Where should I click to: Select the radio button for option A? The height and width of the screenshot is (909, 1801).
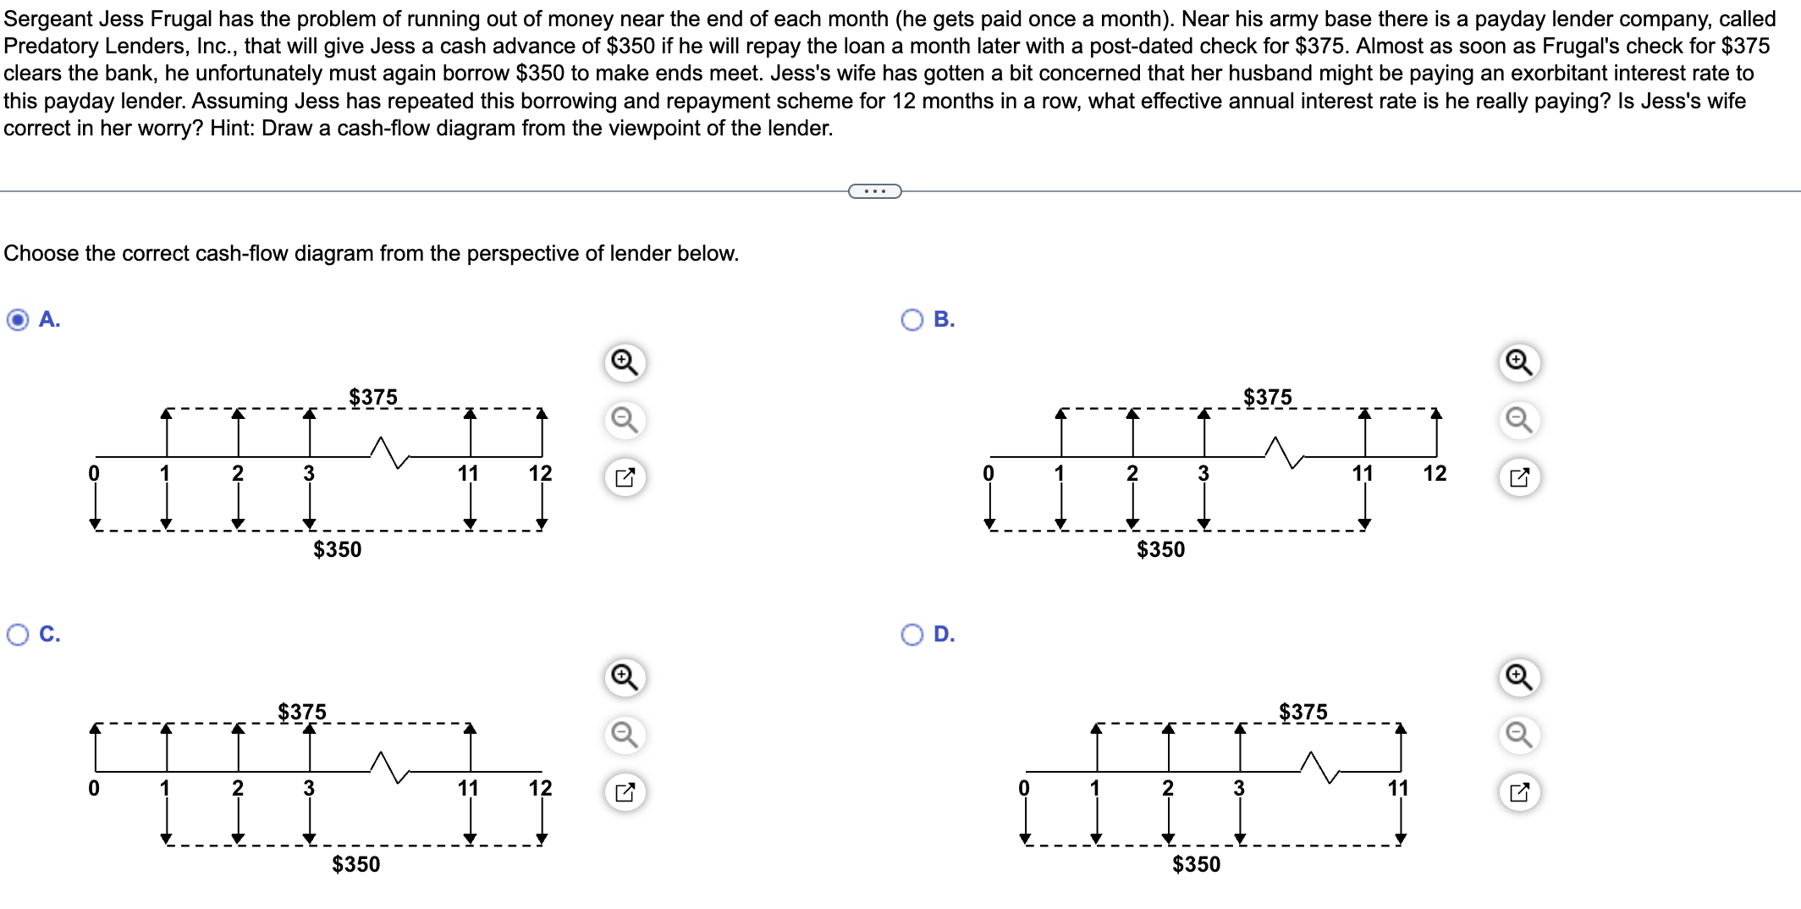click(17, 319)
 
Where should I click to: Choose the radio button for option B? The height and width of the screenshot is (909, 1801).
click(912, 319)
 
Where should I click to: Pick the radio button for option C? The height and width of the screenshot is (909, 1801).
click(17, 634)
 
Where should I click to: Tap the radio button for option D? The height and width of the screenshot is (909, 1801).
click(912, 634)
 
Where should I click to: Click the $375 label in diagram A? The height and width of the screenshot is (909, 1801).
click(372, 397)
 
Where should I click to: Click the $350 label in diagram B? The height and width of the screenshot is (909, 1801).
click(1160, 549)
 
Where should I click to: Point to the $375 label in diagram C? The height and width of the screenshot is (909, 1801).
click(301, 712)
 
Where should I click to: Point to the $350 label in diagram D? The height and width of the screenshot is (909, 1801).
click(1196, 864)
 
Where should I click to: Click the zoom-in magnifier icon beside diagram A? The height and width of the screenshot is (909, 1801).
click(625, 362)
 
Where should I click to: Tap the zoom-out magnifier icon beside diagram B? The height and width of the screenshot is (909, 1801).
click(1519, 420)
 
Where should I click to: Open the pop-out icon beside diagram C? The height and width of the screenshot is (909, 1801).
click(625, 793)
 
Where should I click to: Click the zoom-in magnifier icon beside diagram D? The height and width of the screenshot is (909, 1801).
click(1519, 677)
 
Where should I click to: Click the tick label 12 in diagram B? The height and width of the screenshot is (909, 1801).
click(1435, 473)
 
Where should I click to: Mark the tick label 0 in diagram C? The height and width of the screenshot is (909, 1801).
click(94, 788)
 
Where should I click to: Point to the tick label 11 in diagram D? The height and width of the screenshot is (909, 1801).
click(1397, 788)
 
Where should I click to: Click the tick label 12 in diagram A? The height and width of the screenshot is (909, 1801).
click(540, 473)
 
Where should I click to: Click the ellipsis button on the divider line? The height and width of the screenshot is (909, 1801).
click(874, 191)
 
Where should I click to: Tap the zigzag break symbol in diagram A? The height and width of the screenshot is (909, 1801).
click(389, 452)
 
